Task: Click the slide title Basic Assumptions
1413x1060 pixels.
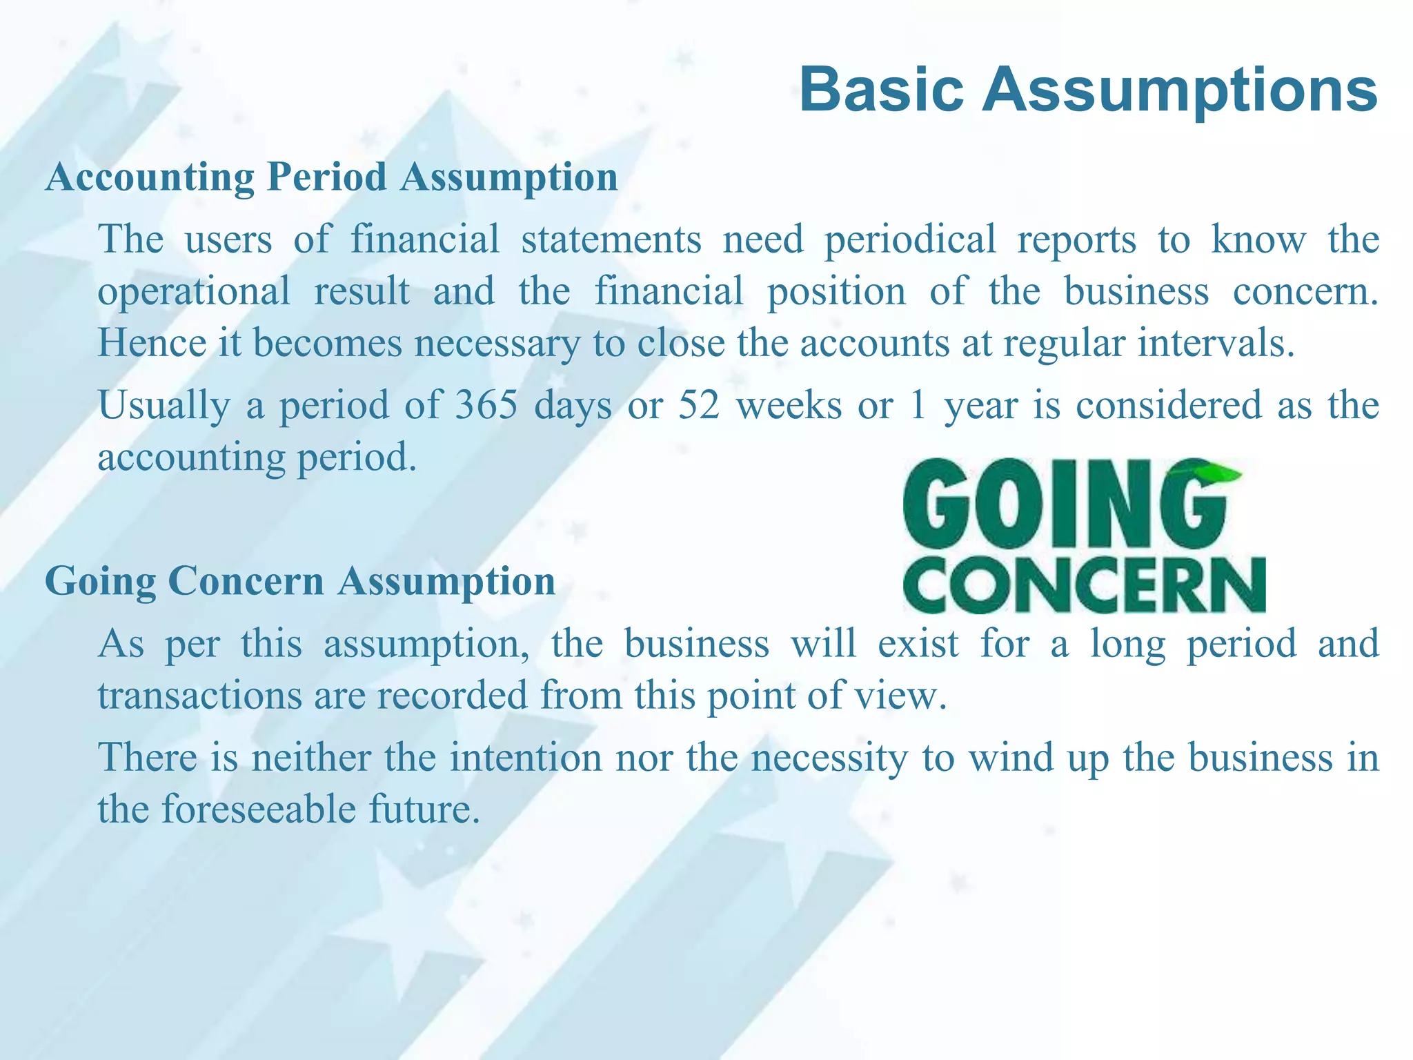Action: tap(1088, 90)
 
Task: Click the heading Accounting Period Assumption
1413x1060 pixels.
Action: tap(331, 177)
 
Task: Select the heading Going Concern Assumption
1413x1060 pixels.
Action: tap(300, 581)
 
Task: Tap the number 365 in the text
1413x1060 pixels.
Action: tap(486, 405)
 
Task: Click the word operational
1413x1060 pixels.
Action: tap(194, 291)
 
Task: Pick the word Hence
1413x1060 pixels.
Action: tap(152, 343)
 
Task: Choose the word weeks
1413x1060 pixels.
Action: tap(789, 405)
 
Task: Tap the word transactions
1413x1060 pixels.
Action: tap(199, 695)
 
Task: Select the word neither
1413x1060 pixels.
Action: tap(311, 757)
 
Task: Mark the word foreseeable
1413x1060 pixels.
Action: tap(259, 809)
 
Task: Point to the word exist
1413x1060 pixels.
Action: tap(918, 644)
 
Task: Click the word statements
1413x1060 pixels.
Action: tap(611, 239)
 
